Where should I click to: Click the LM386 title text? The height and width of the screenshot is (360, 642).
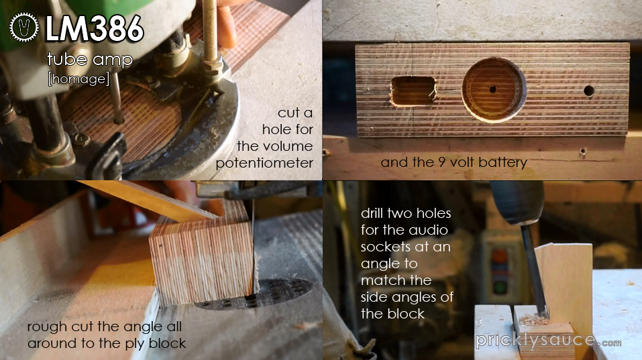pos(94,29)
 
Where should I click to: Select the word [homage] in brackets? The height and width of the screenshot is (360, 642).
pos(78,78)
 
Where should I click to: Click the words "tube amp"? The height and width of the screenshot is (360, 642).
pos(89,60)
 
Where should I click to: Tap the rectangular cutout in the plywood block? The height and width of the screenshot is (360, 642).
pos(412,91)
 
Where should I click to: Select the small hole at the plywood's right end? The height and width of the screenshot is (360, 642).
pos(589,90)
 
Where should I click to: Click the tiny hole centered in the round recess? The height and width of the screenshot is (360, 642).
pos(492,88)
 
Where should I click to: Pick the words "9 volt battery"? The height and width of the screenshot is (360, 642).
pos(484,162)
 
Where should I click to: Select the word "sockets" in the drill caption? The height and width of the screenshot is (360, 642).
pos(386,247)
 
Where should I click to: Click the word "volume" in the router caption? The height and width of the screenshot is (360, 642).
pos(288,146)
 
